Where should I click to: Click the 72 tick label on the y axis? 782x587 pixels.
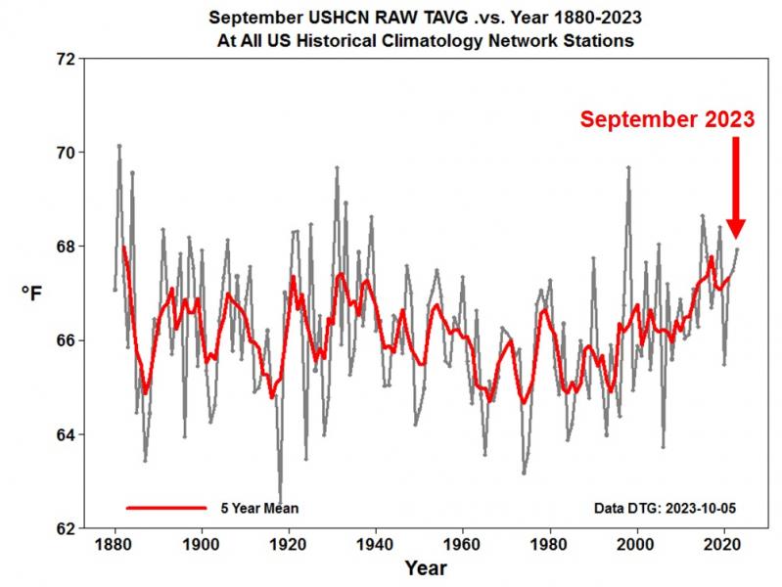tap(64, 59)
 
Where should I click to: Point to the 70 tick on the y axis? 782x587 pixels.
tap(64, 153)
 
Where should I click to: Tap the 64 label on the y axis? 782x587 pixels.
tap(64, 434)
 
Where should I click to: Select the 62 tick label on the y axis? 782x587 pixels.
tap(64, 528)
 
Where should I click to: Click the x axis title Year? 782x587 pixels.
tap(426, 568)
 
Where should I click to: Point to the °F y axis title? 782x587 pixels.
tap(32, 293)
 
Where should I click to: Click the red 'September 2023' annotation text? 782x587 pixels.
tap(667, 119)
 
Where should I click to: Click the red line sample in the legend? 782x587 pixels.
tap(166, 508)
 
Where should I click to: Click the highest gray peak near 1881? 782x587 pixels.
tap(119, 146)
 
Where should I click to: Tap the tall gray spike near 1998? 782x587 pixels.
tap(628, 167)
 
